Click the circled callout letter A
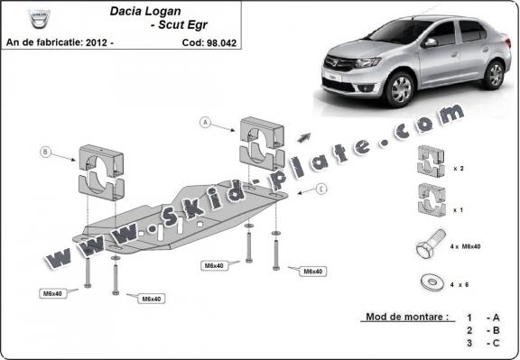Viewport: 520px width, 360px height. tap(206, 122)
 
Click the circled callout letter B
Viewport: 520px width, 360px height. tap(45, 152)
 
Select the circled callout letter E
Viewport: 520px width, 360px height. tap(320, 190)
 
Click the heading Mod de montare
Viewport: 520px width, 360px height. tap(407, 318)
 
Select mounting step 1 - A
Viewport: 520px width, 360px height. tap(484, 318)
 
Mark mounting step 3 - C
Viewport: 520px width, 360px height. tap(484, 345)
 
